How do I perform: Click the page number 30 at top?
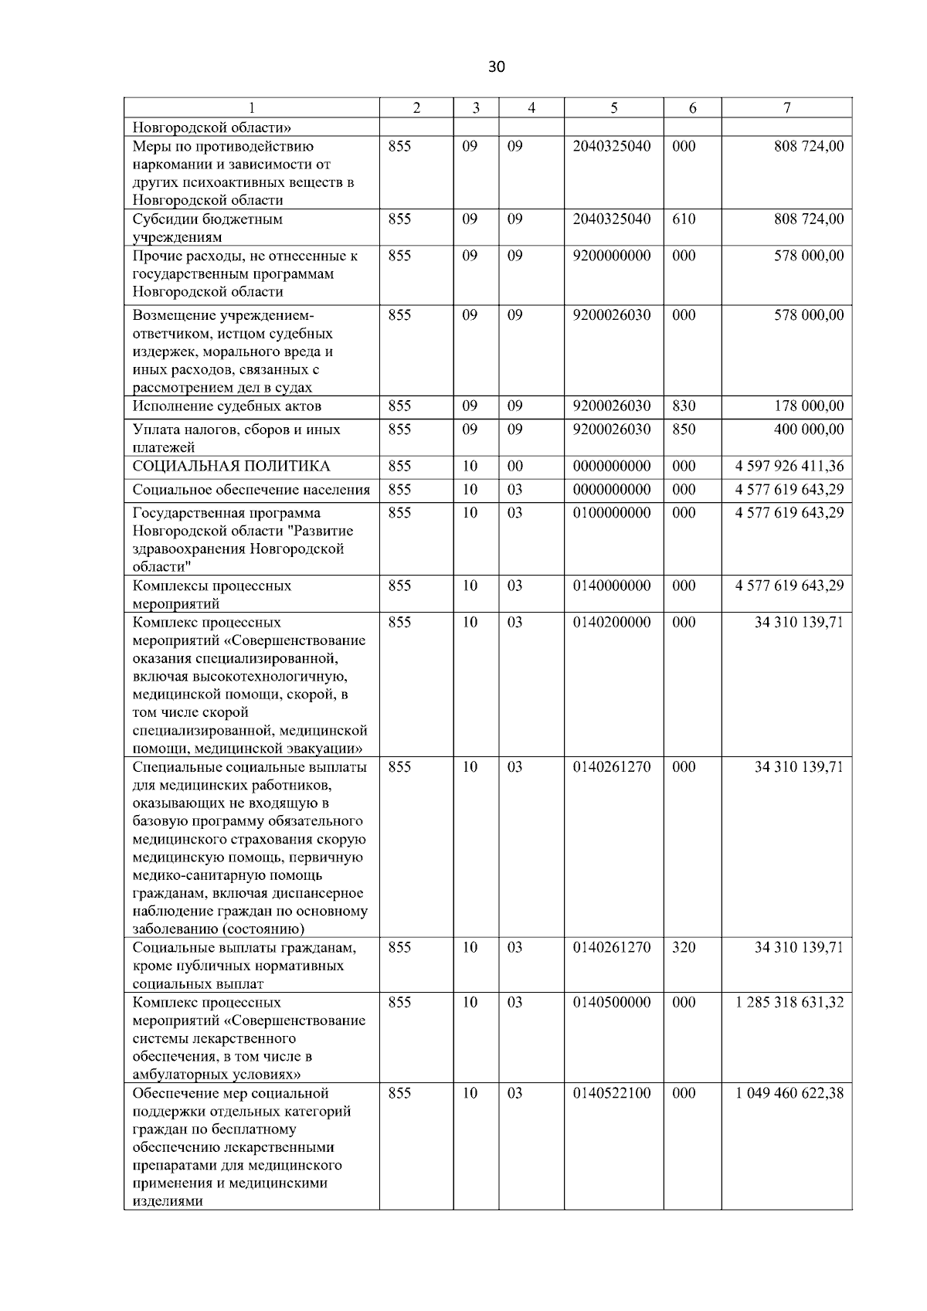click(x=497, y=66)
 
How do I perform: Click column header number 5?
click(x=613, y=108)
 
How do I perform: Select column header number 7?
click(x=786, y=108)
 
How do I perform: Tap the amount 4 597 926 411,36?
click(x=789, y=466)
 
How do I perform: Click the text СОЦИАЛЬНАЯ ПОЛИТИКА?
click(x=231, y=466)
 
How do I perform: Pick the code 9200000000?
click(x=612, y=256)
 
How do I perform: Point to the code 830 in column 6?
click(x=684, y=406)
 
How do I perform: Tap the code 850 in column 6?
click(x=684, y=429)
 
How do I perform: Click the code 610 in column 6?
click(x=684, y=219)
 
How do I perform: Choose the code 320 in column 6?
click(x=684, y=947)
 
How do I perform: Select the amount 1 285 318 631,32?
click(x=789, y=1002)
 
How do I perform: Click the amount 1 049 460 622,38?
click(x=789, y=1093)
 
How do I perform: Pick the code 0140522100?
click(x=612, y=1093)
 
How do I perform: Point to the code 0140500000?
click(x=612, y=1002)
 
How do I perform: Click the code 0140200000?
click(x=612, y=622)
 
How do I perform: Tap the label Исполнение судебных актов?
click(x=227, y=406)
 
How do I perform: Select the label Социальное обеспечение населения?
click(x=251, y=489)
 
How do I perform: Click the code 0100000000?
click(x=612, y=512)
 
